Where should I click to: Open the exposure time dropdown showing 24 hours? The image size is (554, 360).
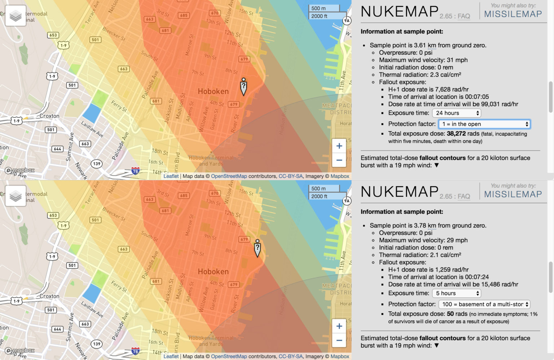[x=457, y=113]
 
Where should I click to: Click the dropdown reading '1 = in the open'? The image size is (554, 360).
[x=484, y=124]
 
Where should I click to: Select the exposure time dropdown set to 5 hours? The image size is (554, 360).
[x=457, y=293]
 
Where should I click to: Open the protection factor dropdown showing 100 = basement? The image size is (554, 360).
[x=484, y=304]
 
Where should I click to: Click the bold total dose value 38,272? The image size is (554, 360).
[x=456, y=134]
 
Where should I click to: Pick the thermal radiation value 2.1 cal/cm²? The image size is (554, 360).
[x=445, y=255]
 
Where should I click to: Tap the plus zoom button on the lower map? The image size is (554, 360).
[x=339, y=326]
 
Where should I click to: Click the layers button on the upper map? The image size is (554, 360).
[x=16, y=16]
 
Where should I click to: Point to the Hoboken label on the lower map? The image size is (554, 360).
[x=213, y=272]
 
